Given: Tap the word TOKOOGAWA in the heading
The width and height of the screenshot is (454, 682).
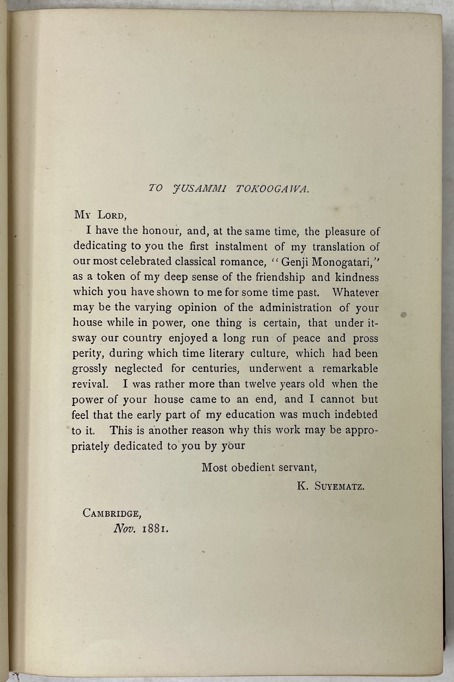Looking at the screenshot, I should (x=273, y=188).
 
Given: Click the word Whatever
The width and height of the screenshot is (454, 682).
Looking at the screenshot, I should (x=355, y=292).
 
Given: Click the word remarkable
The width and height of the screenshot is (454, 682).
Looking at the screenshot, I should (x=350, y=368).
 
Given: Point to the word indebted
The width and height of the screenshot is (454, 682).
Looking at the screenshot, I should (x=356, y=414).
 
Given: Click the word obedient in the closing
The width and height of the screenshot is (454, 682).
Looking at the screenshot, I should (x=257, y=467).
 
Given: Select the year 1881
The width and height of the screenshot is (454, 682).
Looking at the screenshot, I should (x=155, y=529).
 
